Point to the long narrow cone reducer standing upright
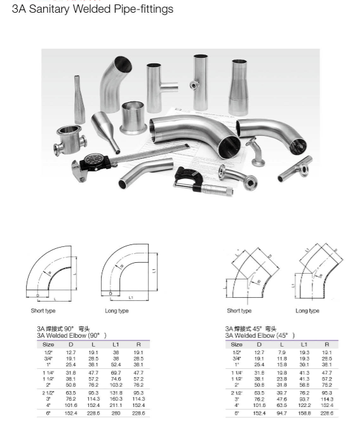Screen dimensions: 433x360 [x=79, y=100]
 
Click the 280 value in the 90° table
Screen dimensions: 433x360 [x=116, y=413]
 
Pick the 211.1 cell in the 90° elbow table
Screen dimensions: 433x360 [x=116, y=405]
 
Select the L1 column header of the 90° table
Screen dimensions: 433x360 [x=116, y=344]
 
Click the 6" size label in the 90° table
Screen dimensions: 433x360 [x=48, y=413]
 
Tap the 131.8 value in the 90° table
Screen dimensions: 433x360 [x=116, y=393]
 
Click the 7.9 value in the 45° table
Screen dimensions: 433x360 [x=282, y=352]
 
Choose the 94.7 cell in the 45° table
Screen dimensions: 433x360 [x=282, y=413]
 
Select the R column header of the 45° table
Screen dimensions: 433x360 [x=326, y=344]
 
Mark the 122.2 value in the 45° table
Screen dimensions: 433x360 [x=304, y=405]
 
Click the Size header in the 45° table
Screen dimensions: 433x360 [x=237, y=344]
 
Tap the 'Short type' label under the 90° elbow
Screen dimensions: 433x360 [x=43, y=310]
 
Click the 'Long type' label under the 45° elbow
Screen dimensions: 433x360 [x=307, y=310]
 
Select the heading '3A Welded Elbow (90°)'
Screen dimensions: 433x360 [x=71, y=335]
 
